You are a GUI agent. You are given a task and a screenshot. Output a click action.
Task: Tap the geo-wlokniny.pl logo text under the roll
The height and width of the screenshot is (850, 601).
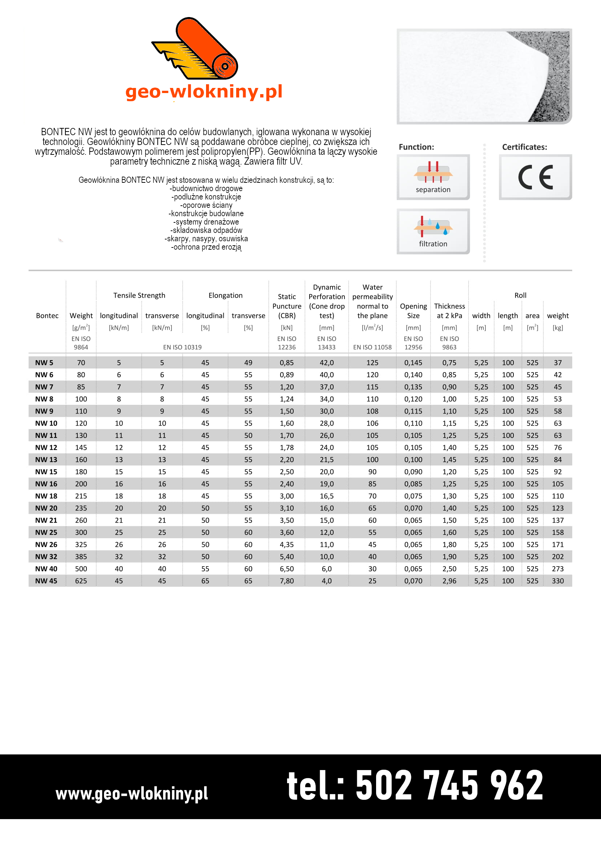click(203, 91)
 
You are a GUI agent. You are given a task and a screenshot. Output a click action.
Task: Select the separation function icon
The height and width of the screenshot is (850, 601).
click(433, 177)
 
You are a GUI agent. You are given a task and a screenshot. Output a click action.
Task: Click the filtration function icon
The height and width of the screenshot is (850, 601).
click(433, 231)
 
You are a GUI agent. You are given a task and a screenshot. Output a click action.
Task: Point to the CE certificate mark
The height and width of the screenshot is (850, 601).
click(535, 177)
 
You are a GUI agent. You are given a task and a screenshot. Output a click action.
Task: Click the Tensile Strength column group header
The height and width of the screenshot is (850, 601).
click(139, 295)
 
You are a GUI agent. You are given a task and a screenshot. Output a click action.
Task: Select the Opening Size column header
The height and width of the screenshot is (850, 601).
click(414, 311)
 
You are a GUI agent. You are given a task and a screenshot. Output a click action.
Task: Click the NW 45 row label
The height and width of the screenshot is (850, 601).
click(46, 581)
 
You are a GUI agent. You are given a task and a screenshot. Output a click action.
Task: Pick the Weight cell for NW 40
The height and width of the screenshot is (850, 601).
click(81, 569)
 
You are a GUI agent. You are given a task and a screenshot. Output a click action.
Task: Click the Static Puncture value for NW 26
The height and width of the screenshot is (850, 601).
click(287, 545)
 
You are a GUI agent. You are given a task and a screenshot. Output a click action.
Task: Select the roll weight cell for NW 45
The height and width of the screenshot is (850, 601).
click(558, 581)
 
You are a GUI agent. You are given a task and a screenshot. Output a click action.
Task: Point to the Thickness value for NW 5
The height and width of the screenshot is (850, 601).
click(449, 363)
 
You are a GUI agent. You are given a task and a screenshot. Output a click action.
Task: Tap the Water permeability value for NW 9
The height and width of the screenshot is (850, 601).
click(372, 411)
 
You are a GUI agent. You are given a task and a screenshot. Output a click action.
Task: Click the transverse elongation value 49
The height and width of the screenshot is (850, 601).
click(248, 363)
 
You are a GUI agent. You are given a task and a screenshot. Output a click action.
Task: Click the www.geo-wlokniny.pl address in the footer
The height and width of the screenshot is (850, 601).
click(132, 794)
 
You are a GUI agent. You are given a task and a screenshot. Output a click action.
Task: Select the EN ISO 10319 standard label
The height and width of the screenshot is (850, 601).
click(182, 347)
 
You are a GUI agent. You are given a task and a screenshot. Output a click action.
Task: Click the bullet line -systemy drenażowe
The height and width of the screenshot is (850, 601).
click(206, 222)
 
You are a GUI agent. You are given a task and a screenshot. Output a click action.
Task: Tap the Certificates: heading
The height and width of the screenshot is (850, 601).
click(524, 147)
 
